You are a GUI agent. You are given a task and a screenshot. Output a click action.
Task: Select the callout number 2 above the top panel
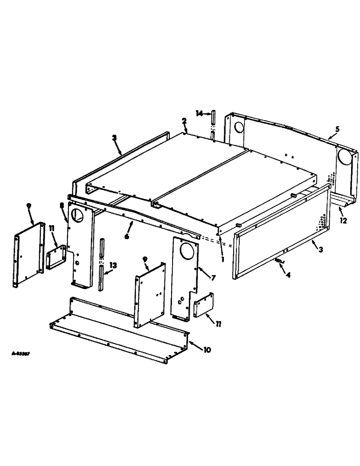184,121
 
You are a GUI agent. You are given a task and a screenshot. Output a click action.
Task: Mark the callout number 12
343,221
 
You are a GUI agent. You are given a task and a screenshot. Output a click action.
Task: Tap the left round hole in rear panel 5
237,126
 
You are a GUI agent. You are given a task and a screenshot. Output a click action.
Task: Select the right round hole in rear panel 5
345,159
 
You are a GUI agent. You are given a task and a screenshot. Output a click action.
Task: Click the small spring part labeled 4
279,262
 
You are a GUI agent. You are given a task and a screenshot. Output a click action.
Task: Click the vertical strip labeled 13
101,266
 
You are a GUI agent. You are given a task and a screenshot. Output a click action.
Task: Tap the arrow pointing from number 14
207,114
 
